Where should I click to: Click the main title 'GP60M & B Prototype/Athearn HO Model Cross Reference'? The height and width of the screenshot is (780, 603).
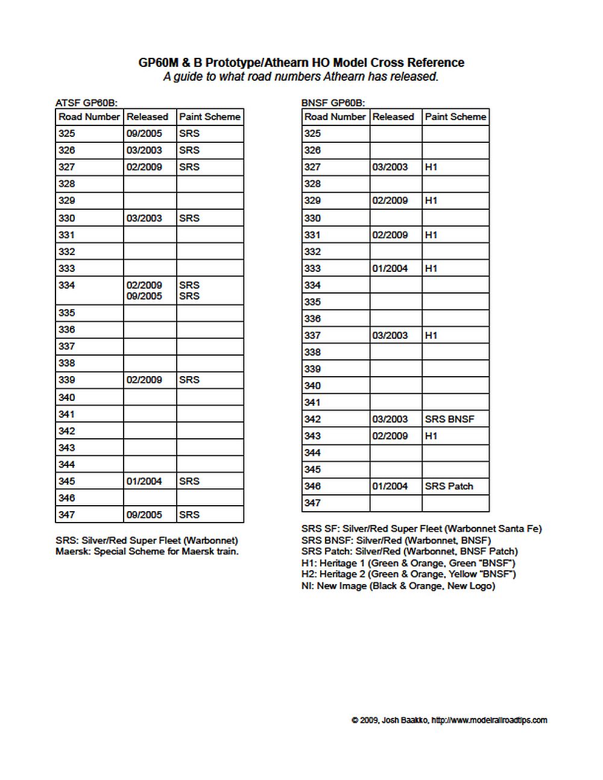pyautogui.click(x=301, y=63)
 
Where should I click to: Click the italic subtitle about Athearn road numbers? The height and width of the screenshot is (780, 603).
pyautogui.click(x=301, y=77)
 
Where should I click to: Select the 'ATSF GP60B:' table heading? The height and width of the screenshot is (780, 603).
pyautogui.click(x=86, y=103)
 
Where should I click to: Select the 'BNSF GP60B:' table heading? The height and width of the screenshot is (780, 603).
pyautogui.click(x=333, y=103)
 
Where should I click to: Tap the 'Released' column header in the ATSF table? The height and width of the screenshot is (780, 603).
pyautogui.click(x=147, y=117)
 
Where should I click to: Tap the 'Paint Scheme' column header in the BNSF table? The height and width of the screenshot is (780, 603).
pyautogui.click(x=455, y=117)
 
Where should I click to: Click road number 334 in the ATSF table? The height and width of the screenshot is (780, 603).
pyautogui.click(x=67, y=285)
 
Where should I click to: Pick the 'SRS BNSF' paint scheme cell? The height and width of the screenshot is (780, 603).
pyautogui.click(x=449, y=419)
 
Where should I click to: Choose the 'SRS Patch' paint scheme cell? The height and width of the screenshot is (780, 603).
pyautogui.click(x=449, y=486)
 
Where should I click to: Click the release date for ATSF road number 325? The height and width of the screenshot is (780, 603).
pyautogui.click(x=144, y=133)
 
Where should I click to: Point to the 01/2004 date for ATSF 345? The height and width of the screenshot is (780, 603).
pyautogui.click(x=144, y=481)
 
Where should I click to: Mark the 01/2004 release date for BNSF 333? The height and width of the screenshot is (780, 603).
pyautogui.click(x=390, y=268)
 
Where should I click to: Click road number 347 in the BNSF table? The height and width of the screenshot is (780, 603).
pyautogui.click(x=312, y=503)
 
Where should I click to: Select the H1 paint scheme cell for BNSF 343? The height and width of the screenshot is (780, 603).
pyautogui.click(x=431, y=436)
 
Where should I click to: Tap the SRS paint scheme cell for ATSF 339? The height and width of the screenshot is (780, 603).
pyautogui.click(x=189, y=380)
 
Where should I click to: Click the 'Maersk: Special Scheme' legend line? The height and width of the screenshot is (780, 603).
pyautogui.click(x=147, y=552)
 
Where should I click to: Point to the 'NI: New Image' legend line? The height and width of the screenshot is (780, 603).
pyautogui.click(x=398, y=586)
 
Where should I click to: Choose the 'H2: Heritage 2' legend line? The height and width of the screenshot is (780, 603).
pyautogui.click(x=408, y=574)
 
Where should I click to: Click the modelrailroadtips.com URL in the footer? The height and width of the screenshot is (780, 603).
pyautogui.click(x=490, y=720)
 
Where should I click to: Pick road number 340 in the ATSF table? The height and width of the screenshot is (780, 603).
pyautogui.click(x=67, y=397)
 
